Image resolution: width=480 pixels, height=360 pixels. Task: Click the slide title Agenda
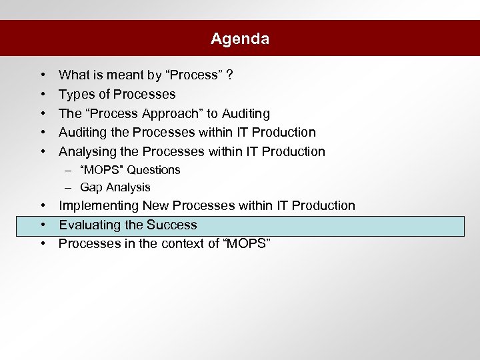coord(240,39)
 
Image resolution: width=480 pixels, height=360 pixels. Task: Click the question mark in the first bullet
coord(229,75)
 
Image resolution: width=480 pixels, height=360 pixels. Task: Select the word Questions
coord(154,170)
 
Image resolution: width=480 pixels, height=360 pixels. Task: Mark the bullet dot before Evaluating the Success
coord(42,225)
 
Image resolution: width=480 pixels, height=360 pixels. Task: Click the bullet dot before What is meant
coord(42,75)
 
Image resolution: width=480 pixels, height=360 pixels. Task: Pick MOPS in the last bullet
coord(247,244)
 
